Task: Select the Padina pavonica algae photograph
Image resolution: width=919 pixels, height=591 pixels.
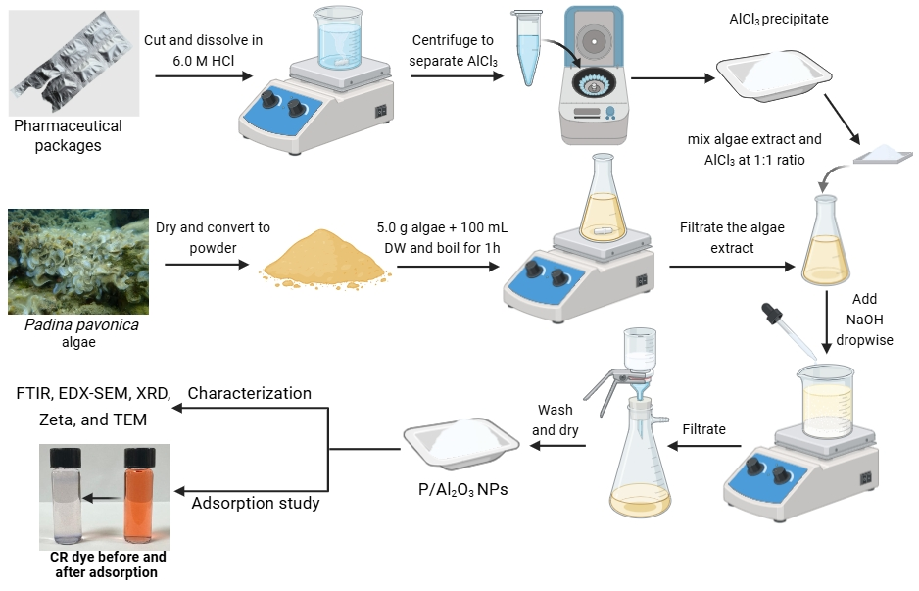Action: (x=77, y=261)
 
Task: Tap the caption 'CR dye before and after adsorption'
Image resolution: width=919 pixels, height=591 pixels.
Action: (x=103, y=565)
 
